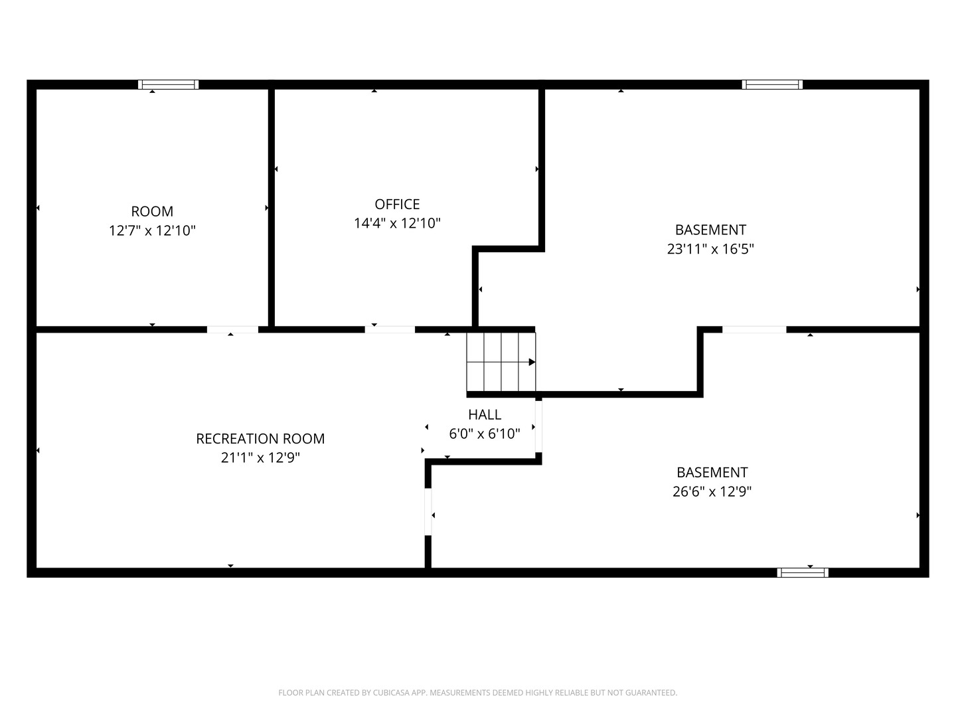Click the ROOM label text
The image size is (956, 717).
(152, 212)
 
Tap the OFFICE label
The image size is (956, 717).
(397, 204)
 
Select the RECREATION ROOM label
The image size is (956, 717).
(260, 438)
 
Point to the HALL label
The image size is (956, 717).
(485, 414)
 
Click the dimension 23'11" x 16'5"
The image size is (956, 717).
(710, 249)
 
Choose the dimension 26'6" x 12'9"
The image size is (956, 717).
(712, 491)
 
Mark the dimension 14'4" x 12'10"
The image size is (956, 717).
(397, 223)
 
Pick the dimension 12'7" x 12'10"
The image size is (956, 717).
(152, 231)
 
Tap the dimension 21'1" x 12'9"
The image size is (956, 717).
(260, 457)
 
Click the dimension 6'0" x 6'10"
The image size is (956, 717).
(485, 434)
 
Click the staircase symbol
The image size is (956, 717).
(501, 362)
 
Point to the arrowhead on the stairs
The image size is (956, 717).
(532, 362)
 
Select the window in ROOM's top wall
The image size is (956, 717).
(168, 84)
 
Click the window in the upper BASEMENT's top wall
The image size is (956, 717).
(772, 84)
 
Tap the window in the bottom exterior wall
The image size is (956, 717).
(803, 572)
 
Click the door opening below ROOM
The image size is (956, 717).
(232, 329)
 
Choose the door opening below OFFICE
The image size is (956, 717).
(390, 329)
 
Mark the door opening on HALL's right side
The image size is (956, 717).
(539, 427)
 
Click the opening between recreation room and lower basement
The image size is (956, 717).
(428, 512)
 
